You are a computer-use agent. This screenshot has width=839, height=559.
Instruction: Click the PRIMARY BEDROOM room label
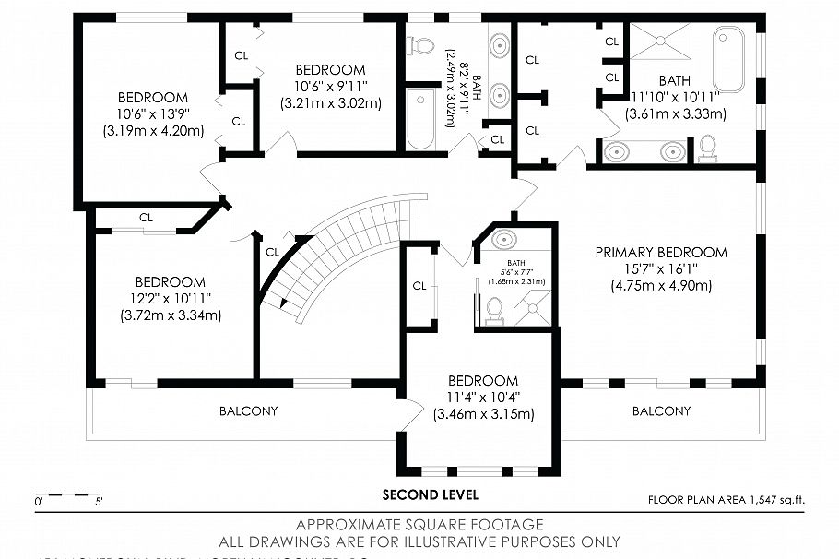click(x=660, y=252)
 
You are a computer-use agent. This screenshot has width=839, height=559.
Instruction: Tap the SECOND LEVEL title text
click(x=431, y=494)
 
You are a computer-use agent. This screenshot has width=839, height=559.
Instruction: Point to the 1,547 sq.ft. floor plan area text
click(x=773, y=500)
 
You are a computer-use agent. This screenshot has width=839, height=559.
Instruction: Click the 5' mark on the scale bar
click(x=99, y=503)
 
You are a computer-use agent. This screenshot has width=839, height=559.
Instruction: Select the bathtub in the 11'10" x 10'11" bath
click(x=728, y=59)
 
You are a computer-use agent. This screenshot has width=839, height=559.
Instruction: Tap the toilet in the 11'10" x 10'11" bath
click(x=707, y=148)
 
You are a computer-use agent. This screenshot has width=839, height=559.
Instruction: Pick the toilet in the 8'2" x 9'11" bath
click(x=421, y=44)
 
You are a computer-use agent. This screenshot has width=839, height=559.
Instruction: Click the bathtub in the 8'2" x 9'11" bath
click(x=420, y=118)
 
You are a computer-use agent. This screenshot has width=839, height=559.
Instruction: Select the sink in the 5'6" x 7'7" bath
click(x=504, y=241)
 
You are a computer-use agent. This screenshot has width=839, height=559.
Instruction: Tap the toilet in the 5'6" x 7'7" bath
click(x=493, y=310)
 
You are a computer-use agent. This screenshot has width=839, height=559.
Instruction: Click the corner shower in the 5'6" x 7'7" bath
click(x=533, y=308)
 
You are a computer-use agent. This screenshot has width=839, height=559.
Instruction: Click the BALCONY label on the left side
click(x=247, y=410)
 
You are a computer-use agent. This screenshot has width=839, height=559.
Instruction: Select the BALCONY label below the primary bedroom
click(x=661, y=410)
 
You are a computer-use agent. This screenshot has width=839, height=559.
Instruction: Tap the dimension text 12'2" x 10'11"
click(x=170, y=299)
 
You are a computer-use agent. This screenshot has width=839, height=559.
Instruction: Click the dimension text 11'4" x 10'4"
click(x=483, y=398)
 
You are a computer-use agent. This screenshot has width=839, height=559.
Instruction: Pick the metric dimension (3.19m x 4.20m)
click(x=153, y=131)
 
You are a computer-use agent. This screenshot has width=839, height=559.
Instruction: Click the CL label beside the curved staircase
click(x=272, y=252)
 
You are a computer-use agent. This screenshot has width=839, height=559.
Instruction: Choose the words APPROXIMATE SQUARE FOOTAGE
click(x=419, y=525)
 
